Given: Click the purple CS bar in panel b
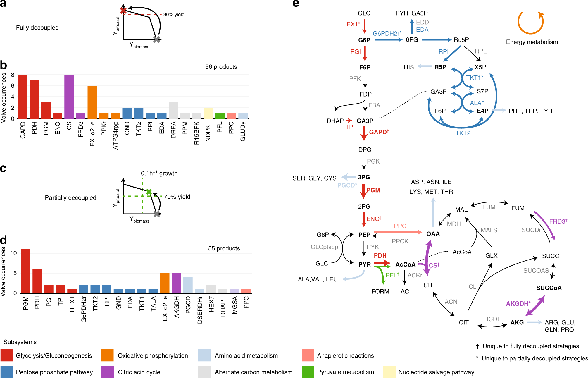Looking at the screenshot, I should [x=69, y=97].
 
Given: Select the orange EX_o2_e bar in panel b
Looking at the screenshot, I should [x=92, y=102].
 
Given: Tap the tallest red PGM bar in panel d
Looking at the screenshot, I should [x=25, y=271].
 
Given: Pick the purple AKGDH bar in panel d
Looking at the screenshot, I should [x=176, y=283].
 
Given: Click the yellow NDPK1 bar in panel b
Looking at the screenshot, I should [x=208, y=113].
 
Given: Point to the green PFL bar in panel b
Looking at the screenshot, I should [x=220, y=116].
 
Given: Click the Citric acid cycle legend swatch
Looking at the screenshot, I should [x=107, y=372].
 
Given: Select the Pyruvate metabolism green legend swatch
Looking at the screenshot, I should [x=308, y=372].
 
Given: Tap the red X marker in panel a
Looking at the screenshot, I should [x=123, y=11].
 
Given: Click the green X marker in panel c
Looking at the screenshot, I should [x=149, y=192].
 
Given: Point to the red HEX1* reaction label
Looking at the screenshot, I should [x=351, y=24].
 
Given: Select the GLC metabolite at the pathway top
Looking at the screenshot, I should [x=364, y=13].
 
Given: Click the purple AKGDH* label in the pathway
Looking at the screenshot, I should [x=518, y=304].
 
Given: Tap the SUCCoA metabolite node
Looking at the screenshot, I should [x=549, y=288].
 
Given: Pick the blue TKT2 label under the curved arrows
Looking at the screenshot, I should [x=463, y=133].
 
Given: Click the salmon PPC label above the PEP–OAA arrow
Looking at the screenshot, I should [x=400, y=226].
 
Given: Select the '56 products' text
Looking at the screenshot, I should [x=221, y=67].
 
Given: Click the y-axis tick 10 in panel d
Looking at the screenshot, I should [x=14, y=253].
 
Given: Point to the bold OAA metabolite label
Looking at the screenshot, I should [x=433, y=234].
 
